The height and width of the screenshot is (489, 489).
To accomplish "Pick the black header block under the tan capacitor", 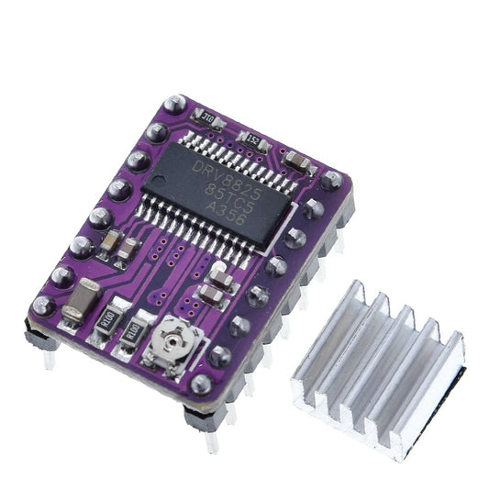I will (41, 337).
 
